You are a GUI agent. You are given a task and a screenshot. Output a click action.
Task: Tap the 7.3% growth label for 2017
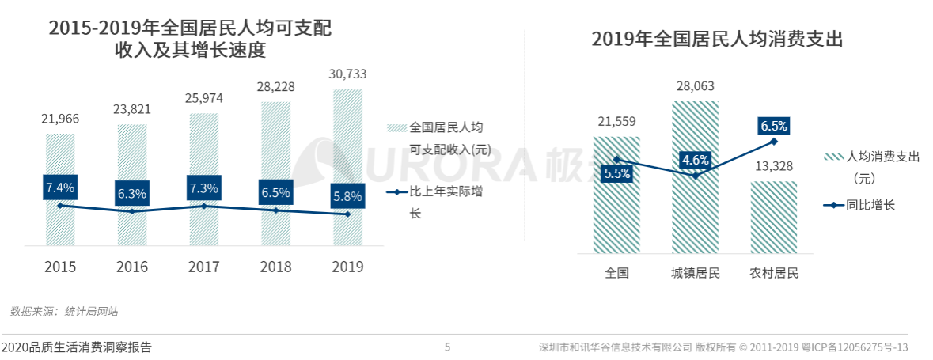[204, 188]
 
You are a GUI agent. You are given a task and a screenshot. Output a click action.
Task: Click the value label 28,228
[275, 87]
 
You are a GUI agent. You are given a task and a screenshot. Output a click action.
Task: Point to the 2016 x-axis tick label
[132, 267]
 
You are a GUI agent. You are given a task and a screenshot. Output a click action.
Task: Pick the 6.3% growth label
[132, 194]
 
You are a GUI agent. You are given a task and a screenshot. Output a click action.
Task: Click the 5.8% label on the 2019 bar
[347, 196]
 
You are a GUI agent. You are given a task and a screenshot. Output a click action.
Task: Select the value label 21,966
[60, 118]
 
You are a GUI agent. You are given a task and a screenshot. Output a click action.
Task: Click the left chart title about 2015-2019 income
[189, 40]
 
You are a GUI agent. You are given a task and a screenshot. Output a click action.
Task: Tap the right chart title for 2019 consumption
[717, 39]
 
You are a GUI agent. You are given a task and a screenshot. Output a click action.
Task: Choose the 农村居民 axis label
[774, 274]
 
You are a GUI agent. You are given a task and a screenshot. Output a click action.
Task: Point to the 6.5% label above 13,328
[774, 126]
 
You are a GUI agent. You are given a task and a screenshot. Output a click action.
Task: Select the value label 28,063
[695, 86]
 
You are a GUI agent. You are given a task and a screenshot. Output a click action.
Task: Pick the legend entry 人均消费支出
[870, 157]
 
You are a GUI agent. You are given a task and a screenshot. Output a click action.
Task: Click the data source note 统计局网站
[64, 312]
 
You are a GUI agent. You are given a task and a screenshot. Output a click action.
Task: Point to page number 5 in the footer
[447, 347]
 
